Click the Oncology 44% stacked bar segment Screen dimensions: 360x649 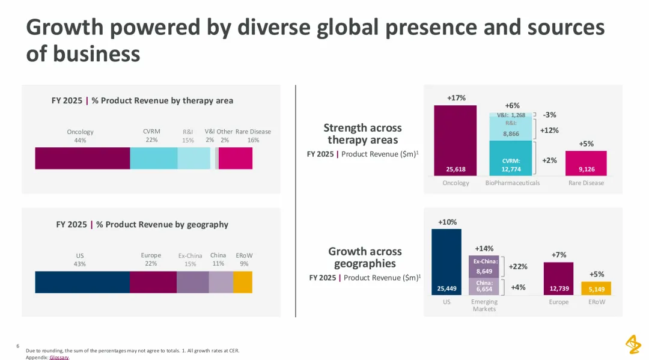(82, 158)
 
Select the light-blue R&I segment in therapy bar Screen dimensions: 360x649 (193, 158)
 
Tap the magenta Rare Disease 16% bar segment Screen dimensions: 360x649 (236, 158)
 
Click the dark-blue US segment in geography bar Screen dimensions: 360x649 (82, 282)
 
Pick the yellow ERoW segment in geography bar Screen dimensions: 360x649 (242, 282)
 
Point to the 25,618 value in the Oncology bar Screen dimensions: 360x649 (456, 169)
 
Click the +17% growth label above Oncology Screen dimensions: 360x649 (456, 98)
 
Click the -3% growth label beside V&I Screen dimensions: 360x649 (549, 115)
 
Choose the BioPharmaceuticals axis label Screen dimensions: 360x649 (513, 183)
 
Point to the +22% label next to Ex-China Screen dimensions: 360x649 (518, 267)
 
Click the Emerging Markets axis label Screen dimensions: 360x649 (484, 305)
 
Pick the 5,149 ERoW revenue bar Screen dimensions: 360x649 (596, 289)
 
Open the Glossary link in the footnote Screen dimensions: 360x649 (59, 357)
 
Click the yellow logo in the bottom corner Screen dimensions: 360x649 (633, 344)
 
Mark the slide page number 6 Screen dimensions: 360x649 (18, 346)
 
